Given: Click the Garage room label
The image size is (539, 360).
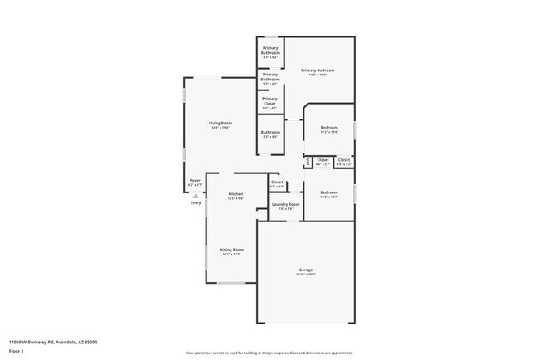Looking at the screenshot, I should coord(306,270).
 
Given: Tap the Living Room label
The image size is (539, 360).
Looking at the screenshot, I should coord(220,123).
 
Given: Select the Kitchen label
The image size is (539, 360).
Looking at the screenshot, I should coord(236,194).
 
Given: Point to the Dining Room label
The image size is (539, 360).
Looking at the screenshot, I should coord(231,250).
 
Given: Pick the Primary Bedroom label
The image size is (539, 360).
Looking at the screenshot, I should coord(319,71).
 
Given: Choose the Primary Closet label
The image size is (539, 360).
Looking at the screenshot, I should coord(269,100).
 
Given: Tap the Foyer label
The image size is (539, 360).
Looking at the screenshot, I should coord(195,180).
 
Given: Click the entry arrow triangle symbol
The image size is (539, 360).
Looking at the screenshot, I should coord(196,196).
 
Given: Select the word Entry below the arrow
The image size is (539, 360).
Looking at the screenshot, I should coord(196,203).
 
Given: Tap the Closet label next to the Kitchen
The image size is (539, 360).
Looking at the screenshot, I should coord(277,182).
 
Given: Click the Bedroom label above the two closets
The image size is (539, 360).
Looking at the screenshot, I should coord(329,127).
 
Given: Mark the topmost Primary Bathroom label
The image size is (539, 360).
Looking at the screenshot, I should coord(269,52).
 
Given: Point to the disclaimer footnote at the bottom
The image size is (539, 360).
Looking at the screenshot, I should coord(269,353).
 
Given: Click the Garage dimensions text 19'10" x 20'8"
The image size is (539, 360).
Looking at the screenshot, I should coord(306,275).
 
